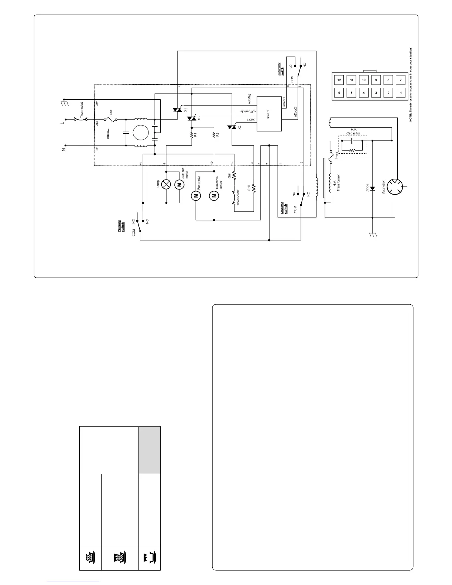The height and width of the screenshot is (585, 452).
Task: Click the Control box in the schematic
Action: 269,114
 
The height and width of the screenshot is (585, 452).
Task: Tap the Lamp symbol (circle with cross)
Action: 166,184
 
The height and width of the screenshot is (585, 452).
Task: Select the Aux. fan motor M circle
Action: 179,184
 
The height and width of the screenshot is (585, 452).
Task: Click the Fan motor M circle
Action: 196,196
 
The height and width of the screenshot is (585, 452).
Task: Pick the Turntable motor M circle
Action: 214,196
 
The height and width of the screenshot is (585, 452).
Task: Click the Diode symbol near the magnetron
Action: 372,188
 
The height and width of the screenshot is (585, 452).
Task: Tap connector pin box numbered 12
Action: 339,80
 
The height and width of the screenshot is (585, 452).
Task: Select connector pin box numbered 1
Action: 400,93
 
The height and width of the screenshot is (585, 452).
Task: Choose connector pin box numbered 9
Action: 376,80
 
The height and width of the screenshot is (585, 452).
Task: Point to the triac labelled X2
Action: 232,127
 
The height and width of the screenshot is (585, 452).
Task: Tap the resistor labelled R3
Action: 214,135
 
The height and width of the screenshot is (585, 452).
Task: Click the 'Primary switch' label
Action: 121,226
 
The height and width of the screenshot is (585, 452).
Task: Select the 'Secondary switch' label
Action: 280,69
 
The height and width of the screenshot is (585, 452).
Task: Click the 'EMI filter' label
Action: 108,133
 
